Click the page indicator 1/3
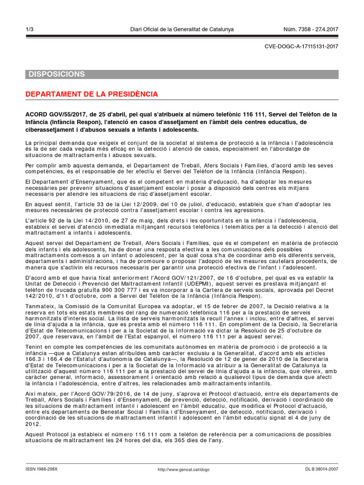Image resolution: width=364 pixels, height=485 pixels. click(29, 29)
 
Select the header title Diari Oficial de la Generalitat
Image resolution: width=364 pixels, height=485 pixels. click(182, 29)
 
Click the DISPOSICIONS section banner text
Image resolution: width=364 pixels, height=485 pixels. click(57, 74)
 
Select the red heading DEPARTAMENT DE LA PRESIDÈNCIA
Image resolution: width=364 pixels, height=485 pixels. click(91, 94)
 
